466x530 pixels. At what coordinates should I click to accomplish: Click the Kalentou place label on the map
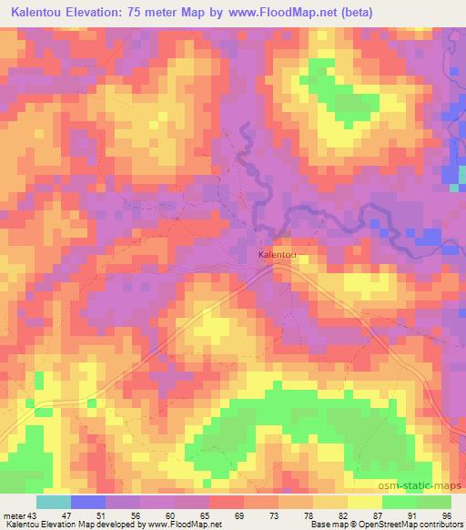click(x=278, y=255)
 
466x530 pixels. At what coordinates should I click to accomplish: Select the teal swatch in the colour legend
click(x=54, y=502)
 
